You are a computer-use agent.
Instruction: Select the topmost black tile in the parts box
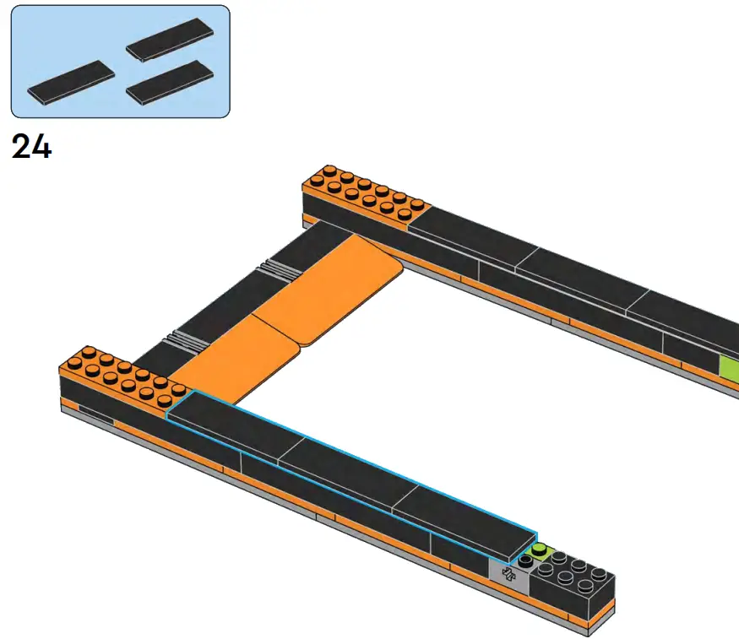[170, 40]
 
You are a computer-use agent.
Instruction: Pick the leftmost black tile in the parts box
[70, 82]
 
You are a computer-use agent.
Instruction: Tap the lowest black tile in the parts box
[169, 82]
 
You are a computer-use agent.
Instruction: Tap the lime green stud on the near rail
[538, 550]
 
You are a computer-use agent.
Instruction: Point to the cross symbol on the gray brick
[508, 575]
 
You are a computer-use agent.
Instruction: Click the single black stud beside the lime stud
[526, 560]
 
